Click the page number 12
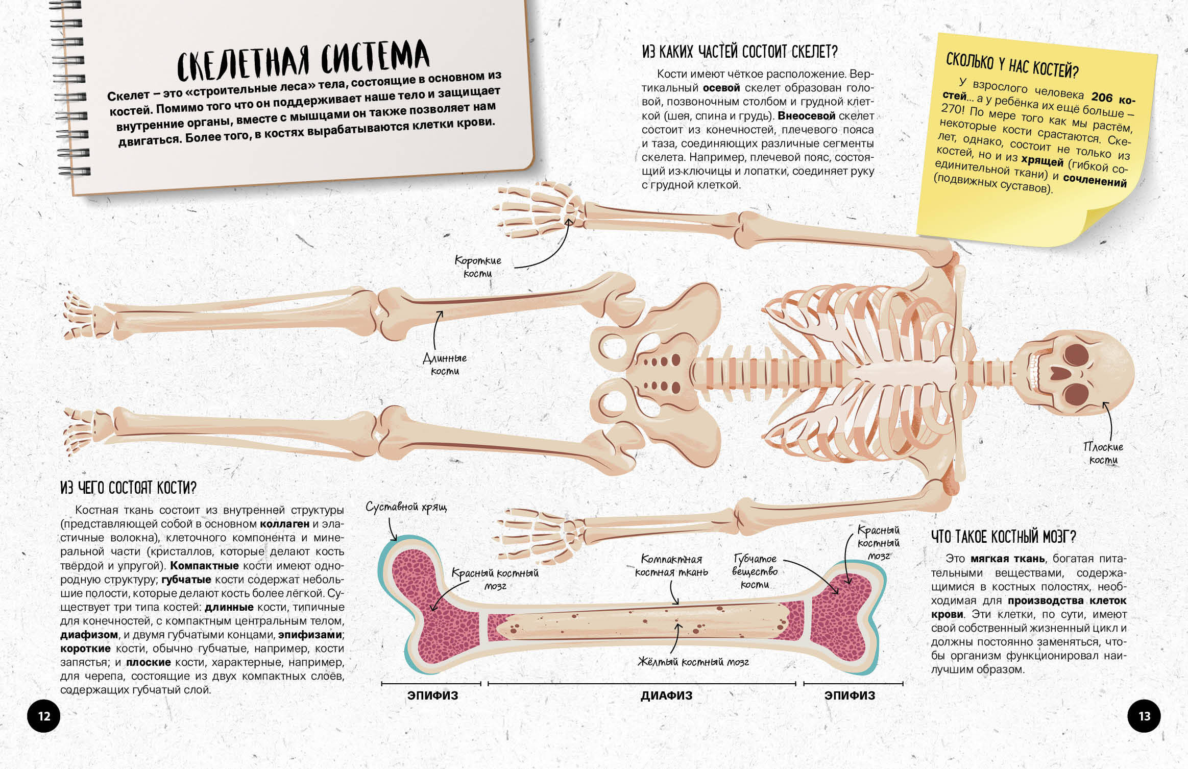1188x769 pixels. click(x=44, y=716)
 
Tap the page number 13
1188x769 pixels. click(x=1144, y=716)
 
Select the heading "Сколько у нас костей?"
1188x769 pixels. click(x=1012, y=65)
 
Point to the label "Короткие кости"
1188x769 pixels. click(x=478, y=267)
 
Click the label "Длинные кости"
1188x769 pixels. click(x=445, y=365)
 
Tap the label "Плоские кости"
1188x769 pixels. click(x=1103, y=453)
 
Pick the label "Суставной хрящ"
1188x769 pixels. click(x=406, y=507)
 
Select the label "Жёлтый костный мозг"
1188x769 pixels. click(x=693, y=662)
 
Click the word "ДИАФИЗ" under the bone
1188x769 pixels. click(x=667, y=695)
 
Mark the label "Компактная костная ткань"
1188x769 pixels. click(x=671, y=566)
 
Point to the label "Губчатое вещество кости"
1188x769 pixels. click(x=755, y=571)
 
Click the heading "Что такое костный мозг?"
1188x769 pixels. click(x=1003, y=537)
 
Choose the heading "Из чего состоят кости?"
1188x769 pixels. click(x=128, y=488)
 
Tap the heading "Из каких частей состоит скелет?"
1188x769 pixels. click(x=740, y=52)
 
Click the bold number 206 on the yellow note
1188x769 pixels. click(x=1102, y=97)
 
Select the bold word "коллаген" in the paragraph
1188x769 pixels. click(x=284, y=524)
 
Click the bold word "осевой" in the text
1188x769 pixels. click(x=721, y=88)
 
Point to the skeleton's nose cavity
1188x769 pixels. click(x=1059, y=373)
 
